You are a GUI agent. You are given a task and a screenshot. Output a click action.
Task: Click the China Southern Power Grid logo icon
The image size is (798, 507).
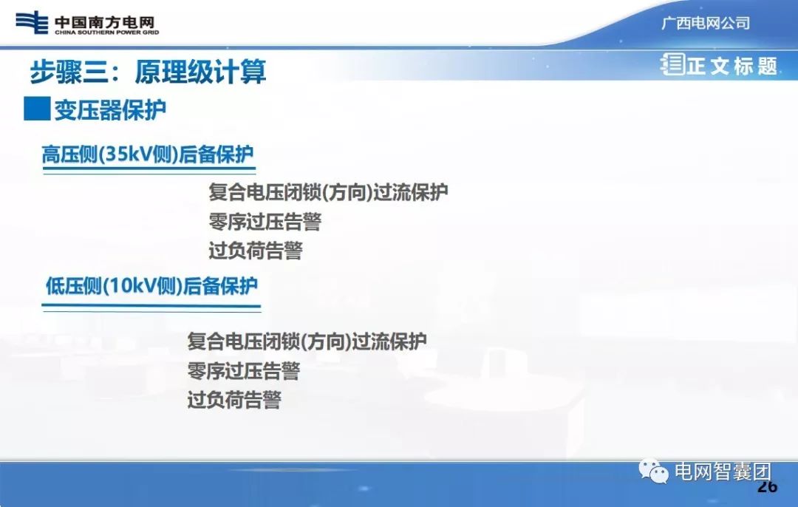coord(33,22)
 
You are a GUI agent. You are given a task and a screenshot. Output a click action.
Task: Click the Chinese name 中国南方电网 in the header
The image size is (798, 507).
coord(106,19)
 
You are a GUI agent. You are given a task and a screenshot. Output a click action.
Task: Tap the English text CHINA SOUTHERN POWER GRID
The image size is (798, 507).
coord(106,32)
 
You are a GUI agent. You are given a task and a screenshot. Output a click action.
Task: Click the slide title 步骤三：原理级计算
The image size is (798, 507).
coord(148,72)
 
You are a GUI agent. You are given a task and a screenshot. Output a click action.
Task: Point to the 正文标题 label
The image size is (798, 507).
coord(731,66)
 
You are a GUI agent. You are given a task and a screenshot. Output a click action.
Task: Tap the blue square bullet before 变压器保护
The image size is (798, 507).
coord(36,110)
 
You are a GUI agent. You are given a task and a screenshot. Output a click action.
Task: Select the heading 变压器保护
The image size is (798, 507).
coord(110,110)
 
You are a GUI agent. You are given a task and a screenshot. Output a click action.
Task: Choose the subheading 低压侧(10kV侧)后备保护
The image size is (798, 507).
coord(151,286)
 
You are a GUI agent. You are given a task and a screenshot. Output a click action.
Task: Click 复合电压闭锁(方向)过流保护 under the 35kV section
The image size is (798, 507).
coord(328,192)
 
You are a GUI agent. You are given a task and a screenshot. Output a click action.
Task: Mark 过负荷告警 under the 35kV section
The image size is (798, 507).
coord(256,251)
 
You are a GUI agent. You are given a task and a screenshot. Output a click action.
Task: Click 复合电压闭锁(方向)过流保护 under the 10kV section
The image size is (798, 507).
coord(307,341)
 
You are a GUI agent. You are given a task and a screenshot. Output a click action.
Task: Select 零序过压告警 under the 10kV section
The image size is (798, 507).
coord(244,370)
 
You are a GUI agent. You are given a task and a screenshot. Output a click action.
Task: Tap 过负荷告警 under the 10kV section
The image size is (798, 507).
coord(234,400)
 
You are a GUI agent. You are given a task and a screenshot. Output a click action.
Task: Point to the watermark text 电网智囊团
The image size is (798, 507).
coord(723,471)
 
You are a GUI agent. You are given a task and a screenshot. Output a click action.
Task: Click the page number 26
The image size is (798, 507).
coord(768,487)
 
